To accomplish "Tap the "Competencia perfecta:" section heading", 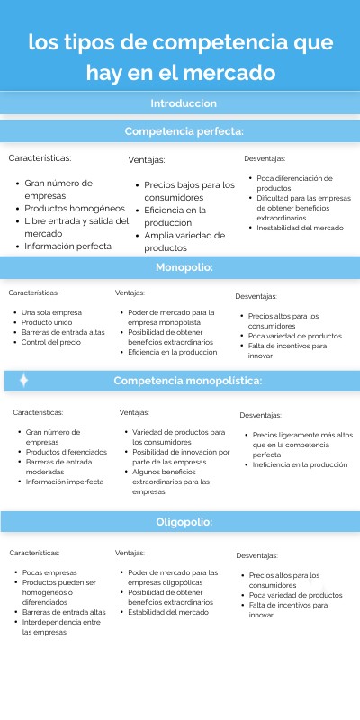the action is [184, 132].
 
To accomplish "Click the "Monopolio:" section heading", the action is [184, 267].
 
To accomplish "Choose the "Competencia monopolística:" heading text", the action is [187, 381].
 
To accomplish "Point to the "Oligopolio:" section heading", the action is [184, 521].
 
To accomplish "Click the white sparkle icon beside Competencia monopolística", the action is [24, 381].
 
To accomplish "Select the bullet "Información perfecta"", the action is [67, 246].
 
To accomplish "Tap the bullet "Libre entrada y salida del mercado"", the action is [76, 227].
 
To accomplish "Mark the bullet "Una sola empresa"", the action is [52, 312].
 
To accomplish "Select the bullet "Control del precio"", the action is [52, 342].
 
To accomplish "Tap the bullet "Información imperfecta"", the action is [65, 481].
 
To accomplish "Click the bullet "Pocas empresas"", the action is [49, 572].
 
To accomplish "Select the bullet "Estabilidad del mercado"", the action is [168, 612].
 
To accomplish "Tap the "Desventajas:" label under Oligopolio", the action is [257, 555].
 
